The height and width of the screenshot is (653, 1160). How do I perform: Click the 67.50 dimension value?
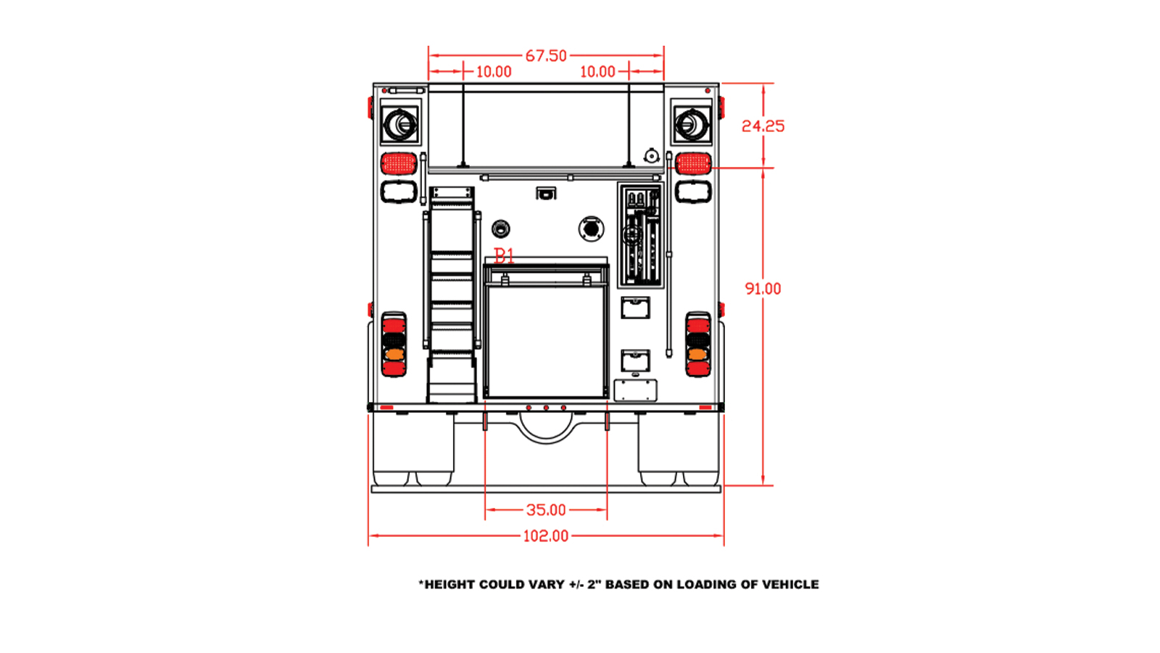pyautogui.click(x=546, y=56)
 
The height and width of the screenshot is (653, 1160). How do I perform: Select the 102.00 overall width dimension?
pyautogui.click(x=546, y=536)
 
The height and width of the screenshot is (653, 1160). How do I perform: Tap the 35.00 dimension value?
pyautogui.click(x=546, y=510)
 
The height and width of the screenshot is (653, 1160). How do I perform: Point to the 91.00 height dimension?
pyautogui.click(x=763, y=289)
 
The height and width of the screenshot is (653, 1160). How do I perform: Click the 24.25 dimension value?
pyautogui.click(x=763, y=126)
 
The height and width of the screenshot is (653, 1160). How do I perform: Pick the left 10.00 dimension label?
pyautogui.click(x=494, y=72)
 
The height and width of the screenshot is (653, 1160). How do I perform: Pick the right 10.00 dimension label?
pyautogui.click(x=597, y=72)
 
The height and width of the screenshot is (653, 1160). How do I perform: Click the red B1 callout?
pyautogui.click(x=504, y=255)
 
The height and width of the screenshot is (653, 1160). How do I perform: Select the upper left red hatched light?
pyautogui.click(x=399, y=163)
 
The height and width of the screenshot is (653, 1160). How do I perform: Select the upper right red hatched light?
pyautogui.click(x=693, y=163)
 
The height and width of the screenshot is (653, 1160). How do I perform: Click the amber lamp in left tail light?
pyautogui.click(x=394, y=355)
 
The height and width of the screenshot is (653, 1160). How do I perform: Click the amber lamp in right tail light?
pyautogui.click(x=698, y=355)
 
